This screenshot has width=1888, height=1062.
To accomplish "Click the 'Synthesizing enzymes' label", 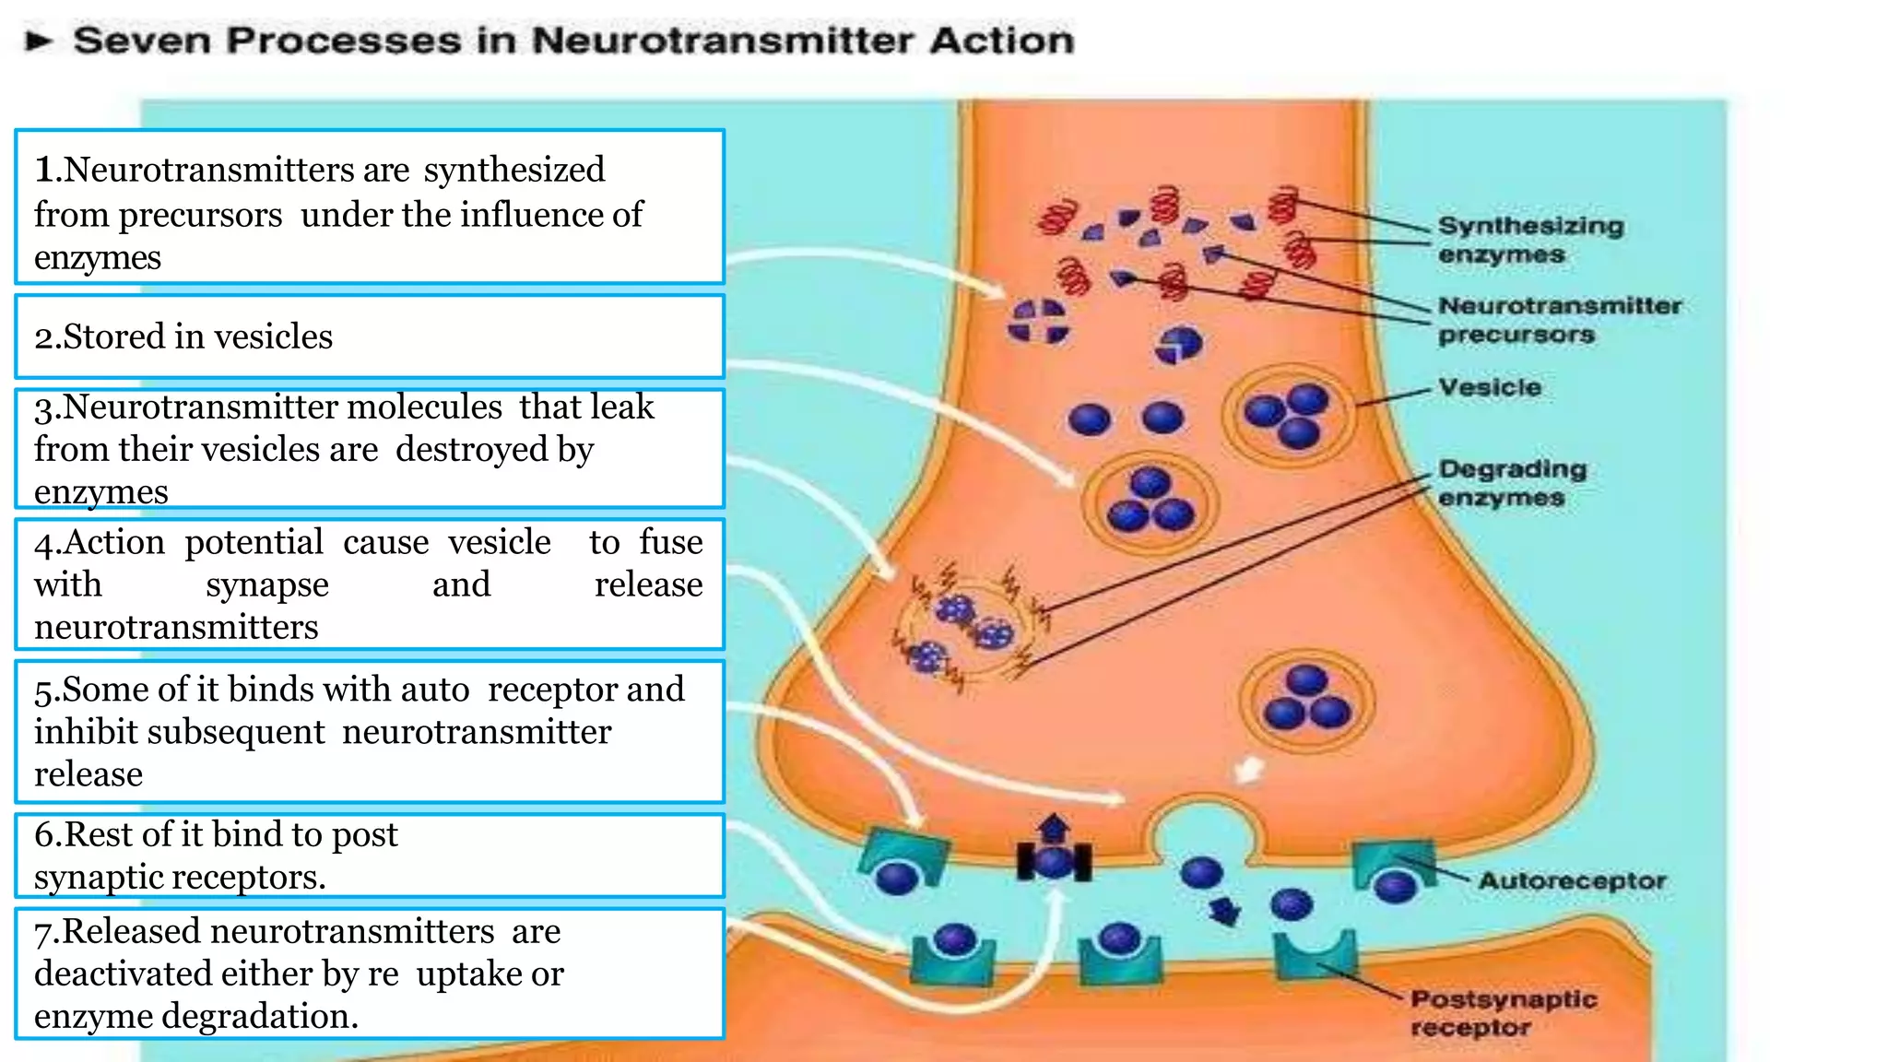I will click(x=1530, y=240).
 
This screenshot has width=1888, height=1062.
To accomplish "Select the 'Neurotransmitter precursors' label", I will click(x=1559, y=320).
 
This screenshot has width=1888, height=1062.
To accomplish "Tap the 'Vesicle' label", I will click(x=1489, y=387).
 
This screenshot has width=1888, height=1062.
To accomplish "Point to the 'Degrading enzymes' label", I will click(x=1512, y=483).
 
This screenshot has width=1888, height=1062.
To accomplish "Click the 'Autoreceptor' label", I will click(x=1572, y=881).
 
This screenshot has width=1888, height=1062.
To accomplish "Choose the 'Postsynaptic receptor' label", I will click(x=1503, y=1012).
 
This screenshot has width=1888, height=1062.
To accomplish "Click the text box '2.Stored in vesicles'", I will click(x=369, y=336).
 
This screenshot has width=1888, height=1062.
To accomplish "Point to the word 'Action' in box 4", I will click(x=114, y=542).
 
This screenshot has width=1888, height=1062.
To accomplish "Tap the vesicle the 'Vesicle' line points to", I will click(x=1288, y=417).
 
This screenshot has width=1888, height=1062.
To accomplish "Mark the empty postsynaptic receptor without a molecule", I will click(x=1316, y=954).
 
